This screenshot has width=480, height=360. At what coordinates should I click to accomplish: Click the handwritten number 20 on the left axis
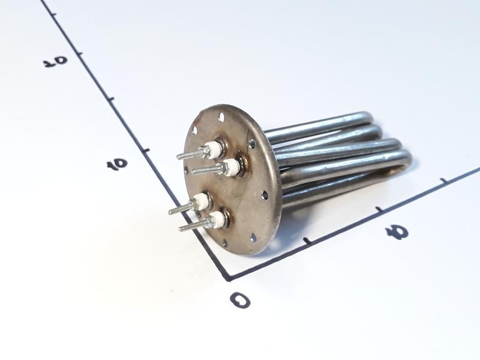tap(55, 61)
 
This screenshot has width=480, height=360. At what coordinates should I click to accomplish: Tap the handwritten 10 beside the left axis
tap(116, 164)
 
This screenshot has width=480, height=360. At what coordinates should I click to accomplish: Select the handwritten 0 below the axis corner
tap(240, 299)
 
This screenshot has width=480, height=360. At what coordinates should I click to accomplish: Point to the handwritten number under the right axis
tap(397, 232)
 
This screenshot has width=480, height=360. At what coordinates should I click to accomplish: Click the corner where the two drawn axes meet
tap(229, 278)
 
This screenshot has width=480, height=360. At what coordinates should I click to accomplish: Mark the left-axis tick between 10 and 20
tap(112, 99)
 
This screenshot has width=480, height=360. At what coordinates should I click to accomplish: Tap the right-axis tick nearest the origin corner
tap(306, 241)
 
